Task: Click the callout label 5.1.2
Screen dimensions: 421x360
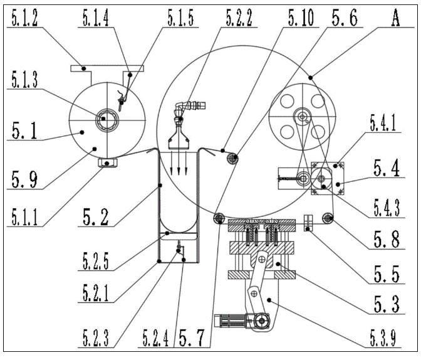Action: pos(24,18)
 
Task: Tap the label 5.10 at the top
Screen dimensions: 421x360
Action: pos(301,18)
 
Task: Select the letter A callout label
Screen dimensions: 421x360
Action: pos(395,18)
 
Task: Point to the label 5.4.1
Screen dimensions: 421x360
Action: pos(383,122)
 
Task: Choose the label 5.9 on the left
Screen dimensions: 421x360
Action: pos(24,179)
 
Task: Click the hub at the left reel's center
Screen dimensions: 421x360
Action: pos(107,120)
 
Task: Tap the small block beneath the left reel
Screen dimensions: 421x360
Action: pos(107,162)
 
